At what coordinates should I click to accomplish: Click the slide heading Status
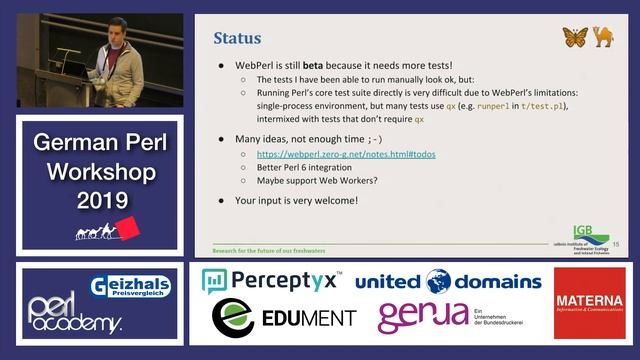(238, 38)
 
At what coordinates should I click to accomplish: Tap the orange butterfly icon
(574, 37)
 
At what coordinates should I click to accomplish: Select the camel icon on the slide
(603, 37)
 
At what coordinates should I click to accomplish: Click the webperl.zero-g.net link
(346, 155)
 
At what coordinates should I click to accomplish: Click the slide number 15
(615, 244)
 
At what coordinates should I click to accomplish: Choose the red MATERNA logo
(589, 302)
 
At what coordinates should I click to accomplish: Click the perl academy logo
(74, 314)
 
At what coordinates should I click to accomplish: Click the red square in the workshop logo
(126, 229)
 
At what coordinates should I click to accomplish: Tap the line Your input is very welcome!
(296, 200)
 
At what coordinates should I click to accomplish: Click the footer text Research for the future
(269, 248)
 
